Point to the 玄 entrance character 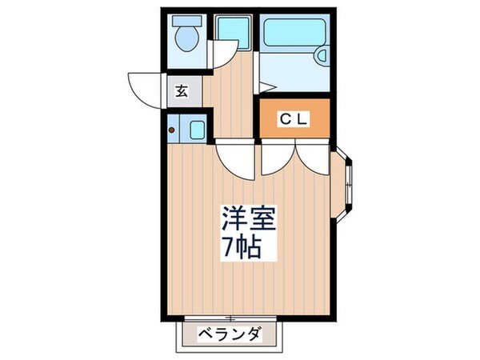(x=181, y=90)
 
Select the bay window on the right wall (x=346, y=183)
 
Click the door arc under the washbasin (x=219, y=54)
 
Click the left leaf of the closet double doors (x=276, y=160)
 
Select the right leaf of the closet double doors (x=314, y=160)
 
